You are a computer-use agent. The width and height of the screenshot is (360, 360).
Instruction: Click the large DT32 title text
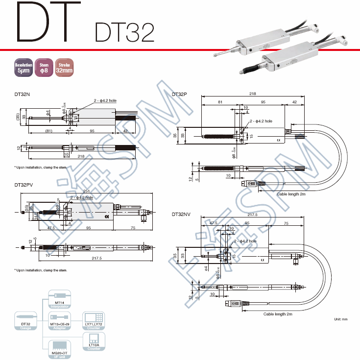point(123,31)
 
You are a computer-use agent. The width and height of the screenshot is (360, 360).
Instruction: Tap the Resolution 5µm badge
point(24,68)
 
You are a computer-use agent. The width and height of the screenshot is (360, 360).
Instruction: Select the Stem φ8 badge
point(44,68)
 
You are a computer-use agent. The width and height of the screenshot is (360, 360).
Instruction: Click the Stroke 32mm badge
point(64,68)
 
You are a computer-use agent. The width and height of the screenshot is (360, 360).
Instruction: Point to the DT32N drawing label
point(22,94)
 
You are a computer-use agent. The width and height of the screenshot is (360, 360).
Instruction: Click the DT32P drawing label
point(179,94)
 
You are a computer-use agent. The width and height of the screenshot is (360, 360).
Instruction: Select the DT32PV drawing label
point(24,185)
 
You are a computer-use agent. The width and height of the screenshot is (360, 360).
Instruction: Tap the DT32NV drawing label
point(181,215)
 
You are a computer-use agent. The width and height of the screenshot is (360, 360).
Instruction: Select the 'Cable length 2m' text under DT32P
point(291,194)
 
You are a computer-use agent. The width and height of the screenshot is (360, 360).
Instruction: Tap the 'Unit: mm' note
point(340,319)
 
